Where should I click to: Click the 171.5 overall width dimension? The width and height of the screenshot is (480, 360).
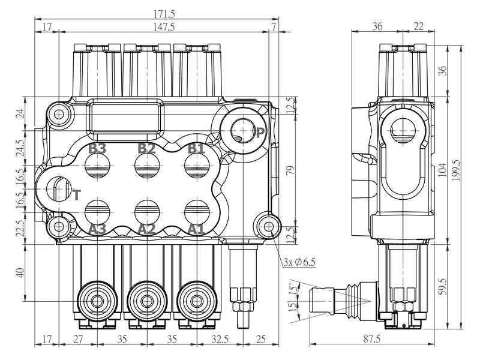(164, 14)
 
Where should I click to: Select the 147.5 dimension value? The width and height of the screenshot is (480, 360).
(164, 27)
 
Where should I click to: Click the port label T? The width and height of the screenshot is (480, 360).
(77, 195)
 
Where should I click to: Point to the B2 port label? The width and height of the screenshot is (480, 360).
(146, 148)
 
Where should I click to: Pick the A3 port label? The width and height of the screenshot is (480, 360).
(97, 229)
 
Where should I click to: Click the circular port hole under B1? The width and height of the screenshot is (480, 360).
(197, 166)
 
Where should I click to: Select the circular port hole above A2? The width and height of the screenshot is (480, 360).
(147, 212)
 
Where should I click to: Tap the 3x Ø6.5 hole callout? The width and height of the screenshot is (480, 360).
(299, 262)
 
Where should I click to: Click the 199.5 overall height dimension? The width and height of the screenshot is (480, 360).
(456, 170)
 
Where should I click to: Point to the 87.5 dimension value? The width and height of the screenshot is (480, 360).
(371, 339)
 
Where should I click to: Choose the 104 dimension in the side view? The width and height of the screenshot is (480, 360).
(443, 170)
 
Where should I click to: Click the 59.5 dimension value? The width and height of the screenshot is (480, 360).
(443, 286)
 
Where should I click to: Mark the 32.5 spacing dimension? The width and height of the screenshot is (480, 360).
(220, 339)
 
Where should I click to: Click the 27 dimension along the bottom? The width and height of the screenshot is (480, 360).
(78, 339)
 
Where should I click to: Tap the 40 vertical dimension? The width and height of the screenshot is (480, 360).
(20, 272)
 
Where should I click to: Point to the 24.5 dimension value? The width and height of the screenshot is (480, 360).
(20, 148)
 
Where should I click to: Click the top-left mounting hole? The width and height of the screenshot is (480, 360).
(58, 115)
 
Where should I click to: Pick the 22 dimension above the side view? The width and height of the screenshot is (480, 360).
(418, 26)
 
